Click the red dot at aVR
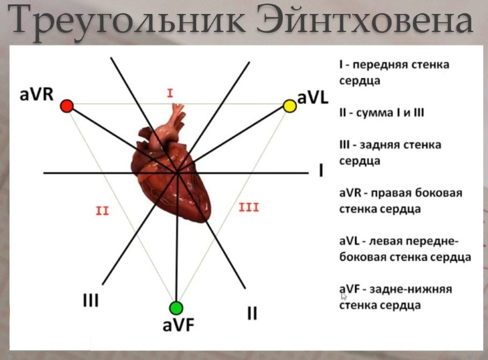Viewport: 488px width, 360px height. [x=67, y=106]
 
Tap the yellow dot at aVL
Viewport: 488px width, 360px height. [x=289, y=106]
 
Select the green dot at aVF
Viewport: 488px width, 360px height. [x=176, y=308]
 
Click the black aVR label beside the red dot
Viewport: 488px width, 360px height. [x=36, y=94]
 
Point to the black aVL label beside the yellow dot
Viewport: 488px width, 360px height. [x=313, y=98]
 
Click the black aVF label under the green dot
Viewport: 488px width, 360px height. [x=178, y=325]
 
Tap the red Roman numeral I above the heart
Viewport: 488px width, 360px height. [x=170, y=93]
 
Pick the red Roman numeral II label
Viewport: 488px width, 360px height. [x=102, y=211]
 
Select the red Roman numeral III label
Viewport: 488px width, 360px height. [x=249, y=207]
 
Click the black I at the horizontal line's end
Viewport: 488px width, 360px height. [x=321, y=171]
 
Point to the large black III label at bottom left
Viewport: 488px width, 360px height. [x=91, y=300]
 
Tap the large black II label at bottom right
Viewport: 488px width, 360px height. [x=252, y=313]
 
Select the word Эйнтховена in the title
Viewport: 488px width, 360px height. [x=365, y=20]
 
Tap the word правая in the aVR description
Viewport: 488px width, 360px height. [x=388, y=193]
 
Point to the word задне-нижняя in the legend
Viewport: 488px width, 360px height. [x=411, y=290]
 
